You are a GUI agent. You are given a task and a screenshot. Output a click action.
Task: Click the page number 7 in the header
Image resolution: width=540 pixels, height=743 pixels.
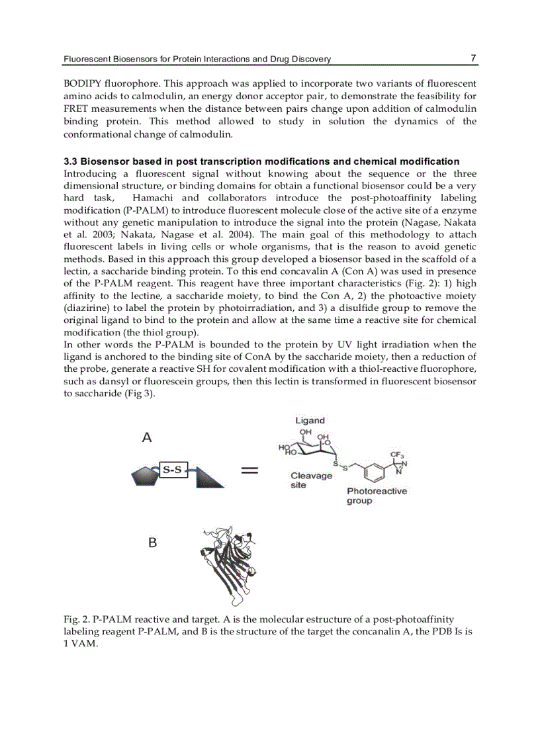pyautogui.click(x=473, y=58)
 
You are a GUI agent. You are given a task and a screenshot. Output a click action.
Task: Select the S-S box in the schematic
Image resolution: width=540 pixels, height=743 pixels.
pyautogui.click(x=173, y=470)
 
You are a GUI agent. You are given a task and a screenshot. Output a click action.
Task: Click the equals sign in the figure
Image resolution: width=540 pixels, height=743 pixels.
pyautogui.click(x=249, y=471)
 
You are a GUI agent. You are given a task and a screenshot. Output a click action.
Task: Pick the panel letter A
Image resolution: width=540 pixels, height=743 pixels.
pyautogui.click(x=148, y=437)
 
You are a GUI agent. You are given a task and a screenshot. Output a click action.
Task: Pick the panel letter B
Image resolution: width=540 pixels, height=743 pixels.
pyautogui.click(x=152, y=543)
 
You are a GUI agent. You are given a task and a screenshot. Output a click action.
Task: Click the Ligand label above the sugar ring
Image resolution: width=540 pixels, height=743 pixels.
pyautogui.click(x=310, y=421)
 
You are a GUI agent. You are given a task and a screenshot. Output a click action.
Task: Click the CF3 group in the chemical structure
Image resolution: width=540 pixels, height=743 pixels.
pyautogui.click(x=397, y=455)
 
